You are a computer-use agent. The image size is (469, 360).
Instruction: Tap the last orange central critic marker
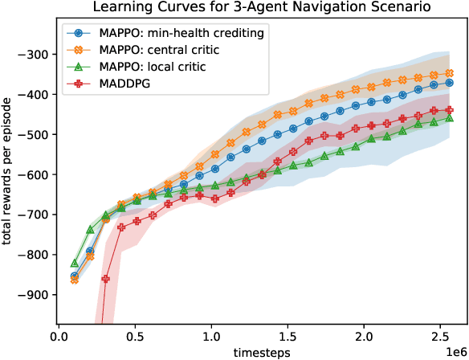pos(450,73)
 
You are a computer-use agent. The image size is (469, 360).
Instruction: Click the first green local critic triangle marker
pos(75,263)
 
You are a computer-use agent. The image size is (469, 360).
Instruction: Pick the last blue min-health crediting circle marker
pos(450,82)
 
